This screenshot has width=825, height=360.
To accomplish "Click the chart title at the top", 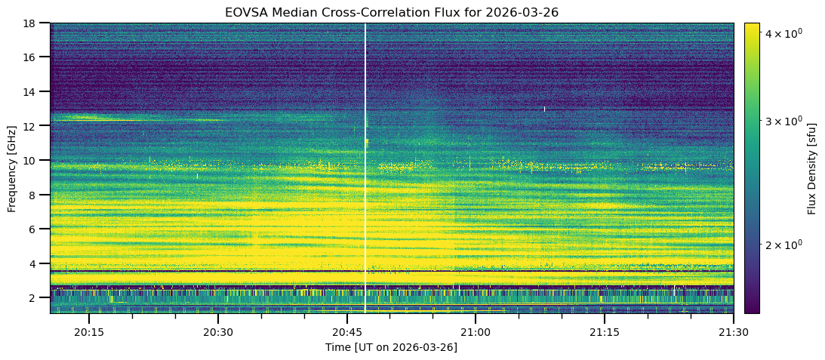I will (391, 12).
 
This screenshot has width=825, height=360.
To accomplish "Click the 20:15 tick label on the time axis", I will (89, 332).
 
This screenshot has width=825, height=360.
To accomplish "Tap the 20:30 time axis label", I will (217, 332).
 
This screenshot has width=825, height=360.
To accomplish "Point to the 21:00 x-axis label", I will (475, 332).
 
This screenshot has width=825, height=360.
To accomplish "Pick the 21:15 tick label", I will (604, 332).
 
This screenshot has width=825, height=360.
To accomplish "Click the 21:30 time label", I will (732, 332).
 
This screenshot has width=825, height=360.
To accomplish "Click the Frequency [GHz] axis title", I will (12, 168).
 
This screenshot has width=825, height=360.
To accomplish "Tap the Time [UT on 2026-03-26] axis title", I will (391, 347).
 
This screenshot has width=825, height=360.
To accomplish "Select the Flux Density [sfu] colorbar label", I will (811, 168).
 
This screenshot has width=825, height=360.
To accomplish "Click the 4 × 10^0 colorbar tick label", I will (780, 33).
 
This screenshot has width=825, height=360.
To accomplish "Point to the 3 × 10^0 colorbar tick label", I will (780, 121).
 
